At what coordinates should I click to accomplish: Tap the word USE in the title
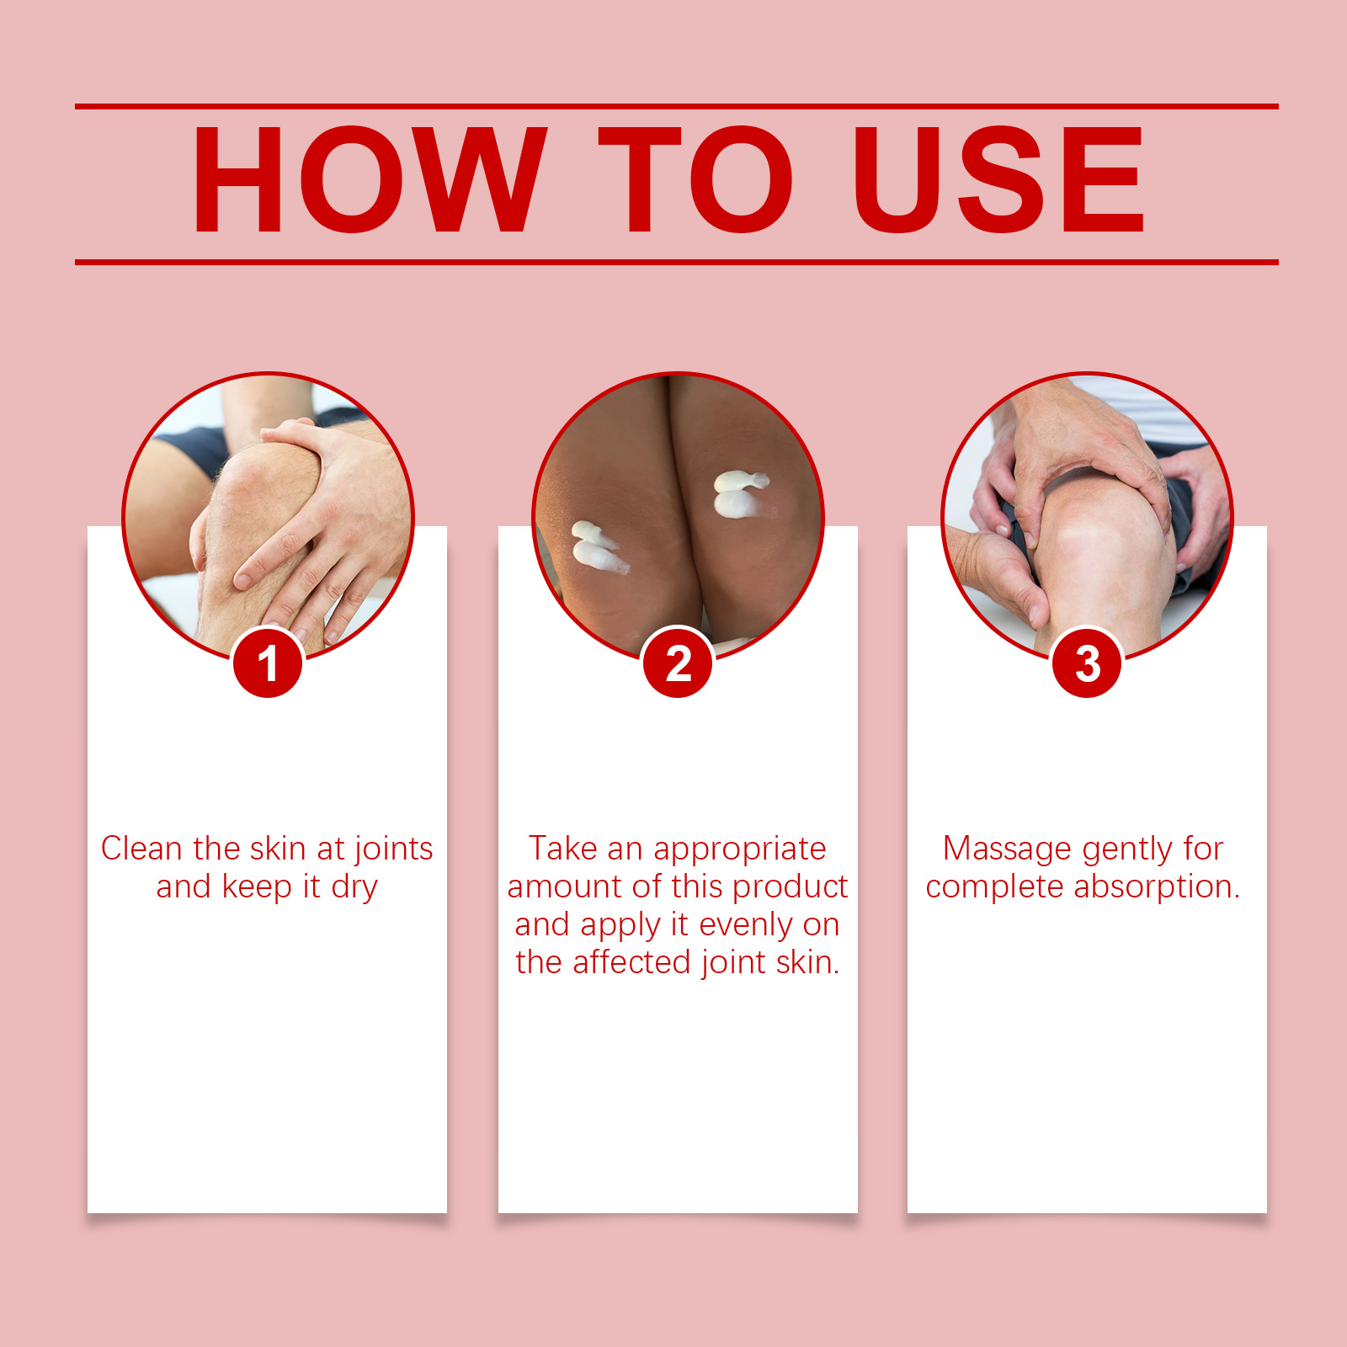coord(998,179)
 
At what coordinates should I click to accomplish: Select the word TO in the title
coord(696,179)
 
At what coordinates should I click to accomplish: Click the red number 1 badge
coord(268,663)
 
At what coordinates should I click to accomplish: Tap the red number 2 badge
coord(678,663)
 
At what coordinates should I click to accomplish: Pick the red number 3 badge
coord(1087,663)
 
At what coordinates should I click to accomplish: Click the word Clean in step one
coord(141,849)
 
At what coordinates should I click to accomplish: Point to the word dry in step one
coord(354,888)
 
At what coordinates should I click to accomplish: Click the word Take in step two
coord(563,849)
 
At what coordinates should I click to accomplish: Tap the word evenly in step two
coord(746,926)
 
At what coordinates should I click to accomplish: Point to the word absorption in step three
coord(1158,888)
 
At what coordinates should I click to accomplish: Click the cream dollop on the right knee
coord(738,494)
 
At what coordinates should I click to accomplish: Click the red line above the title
coord(677,107)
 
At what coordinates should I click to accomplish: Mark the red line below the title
coord(677,262)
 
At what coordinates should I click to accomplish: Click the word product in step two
coord(791,888)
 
